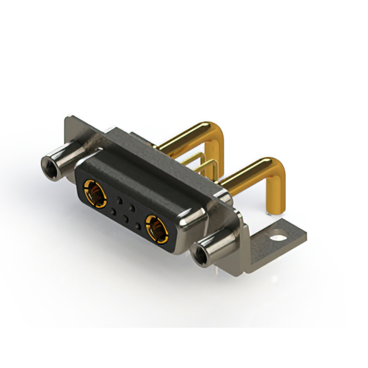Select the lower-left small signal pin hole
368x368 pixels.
113,212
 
